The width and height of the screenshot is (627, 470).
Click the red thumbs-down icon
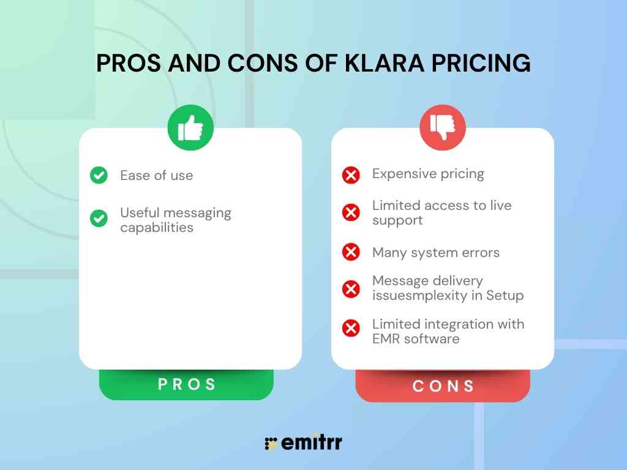(442, 127)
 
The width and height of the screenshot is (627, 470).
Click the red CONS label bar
(443, 386)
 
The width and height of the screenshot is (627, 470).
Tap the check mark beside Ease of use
(99, 176)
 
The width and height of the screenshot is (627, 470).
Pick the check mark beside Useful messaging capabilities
(99, 218)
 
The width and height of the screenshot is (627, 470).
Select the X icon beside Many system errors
(351, 252)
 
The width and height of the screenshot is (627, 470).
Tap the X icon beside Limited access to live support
(351, 213)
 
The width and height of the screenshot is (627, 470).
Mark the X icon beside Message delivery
(351, 289)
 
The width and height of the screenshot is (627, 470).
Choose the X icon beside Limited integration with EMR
(351, 329)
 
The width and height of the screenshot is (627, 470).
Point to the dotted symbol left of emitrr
(271, 444)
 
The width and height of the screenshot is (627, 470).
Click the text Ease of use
(156, 176)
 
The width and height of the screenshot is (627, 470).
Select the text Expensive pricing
(428, 174)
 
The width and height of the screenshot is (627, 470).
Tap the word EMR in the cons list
(386, 338)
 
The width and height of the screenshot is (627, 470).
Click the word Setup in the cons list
(505, 296)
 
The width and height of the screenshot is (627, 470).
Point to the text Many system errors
(435, 253)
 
